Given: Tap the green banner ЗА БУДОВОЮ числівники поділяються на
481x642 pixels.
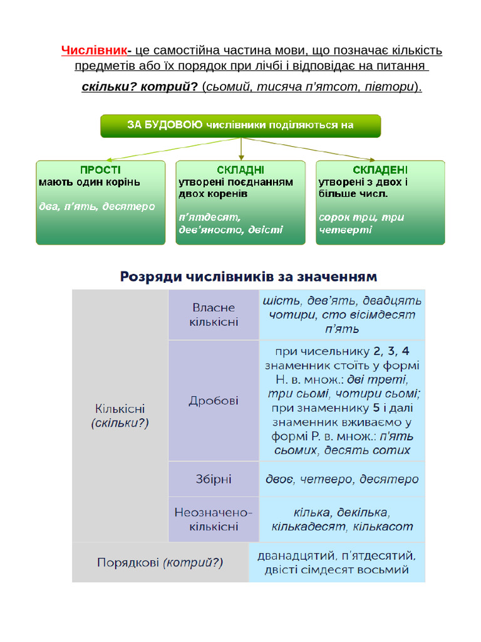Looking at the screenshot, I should click(240, 125).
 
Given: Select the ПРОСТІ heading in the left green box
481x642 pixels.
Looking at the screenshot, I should click(100, 170).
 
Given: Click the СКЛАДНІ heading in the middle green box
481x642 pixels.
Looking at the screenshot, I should click(240, 170).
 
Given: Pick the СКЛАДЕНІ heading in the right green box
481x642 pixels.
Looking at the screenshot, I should click(380, 170).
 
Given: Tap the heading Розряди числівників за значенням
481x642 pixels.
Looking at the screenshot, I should click(249, 276).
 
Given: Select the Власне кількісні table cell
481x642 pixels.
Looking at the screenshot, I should click(214, 315).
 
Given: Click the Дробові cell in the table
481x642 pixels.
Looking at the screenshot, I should click(214, 401).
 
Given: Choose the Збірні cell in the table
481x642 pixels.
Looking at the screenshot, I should click(214, 480).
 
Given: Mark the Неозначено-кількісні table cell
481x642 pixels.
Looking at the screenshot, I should click(214, 519).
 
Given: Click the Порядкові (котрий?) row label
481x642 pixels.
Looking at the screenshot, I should click(160, 562).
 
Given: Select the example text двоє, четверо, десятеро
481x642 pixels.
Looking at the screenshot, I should click(342, 480).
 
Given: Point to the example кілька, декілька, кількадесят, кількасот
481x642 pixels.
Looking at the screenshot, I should click(342, 519).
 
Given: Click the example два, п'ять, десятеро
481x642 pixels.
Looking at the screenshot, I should click(96, 206).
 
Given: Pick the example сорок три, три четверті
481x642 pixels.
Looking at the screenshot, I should click(361, 223).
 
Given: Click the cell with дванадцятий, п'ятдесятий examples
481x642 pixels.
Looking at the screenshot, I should click(337, 562).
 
